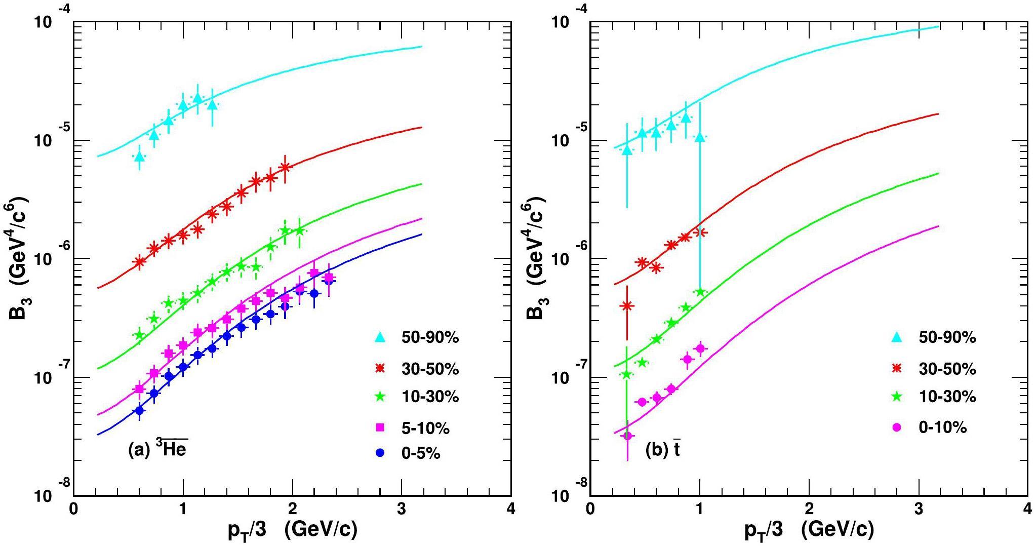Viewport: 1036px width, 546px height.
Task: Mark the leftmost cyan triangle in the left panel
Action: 139,157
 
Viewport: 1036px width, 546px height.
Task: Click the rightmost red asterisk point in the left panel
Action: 285,167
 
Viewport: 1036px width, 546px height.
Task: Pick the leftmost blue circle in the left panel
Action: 139,410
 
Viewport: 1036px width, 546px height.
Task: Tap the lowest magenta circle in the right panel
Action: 627,436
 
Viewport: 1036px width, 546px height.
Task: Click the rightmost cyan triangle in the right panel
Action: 700,137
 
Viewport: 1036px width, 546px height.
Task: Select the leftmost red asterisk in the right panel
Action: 627,305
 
